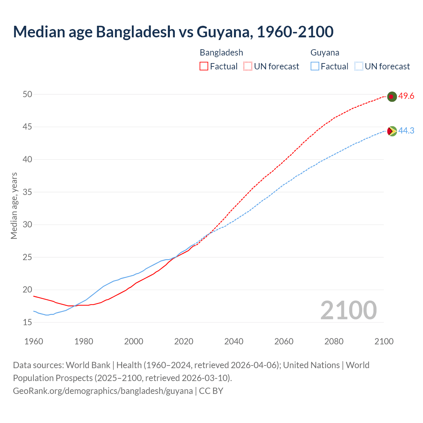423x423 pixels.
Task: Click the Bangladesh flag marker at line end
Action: tap(392, 96)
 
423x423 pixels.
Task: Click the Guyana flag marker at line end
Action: tap(392, 131)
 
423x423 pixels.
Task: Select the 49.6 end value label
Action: tap(406, 96)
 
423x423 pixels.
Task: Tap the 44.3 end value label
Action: tap(406, 131)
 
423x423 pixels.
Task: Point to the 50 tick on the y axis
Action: tap(27, 95)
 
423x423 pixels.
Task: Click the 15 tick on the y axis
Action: tap(27, 322)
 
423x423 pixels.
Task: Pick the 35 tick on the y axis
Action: tap(27, 192)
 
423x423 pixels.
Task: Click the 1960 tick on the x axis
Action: tap(34, 341)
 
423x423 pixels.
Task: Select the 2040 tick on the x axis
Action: tap(234, 341)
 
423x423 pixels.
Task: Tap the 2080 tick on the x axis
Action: tap(334, 341)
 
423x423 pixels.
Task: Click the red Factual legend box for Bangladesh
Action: tap(204, 66)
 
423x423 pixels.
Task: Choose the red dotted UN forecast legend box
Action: tap(248, 66)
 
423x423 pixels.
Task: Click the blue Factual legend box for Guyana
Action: tap(315, 66)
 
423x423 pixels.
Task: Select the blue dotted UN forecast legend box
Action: tap(359, 66)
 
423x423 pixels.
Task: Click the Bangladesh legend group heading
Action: tap(221, 53)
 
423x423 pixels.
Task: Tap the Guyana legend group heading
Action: tap(325, 53)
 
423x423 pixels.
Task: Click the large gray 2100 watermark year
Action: tap(348, 310)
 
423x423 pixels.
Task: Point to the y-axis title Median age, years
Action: tap(14, 206)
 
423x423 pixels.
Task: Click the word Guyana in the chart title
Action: tap(224, 32)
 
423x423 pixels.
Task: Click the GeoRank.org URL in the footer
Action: tap(103, 391)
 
